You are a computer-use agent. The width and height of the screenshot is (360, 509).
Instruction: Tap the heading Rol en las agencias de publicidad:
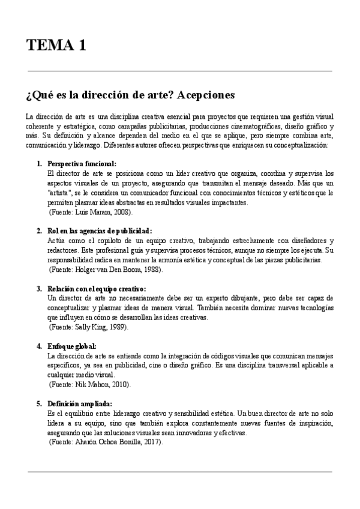[91, 230]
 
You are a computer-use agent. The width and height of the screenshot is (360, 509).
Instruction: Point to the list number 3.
[39, 288]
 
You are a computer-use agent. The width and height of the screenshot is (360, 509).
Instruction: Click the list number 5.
[39, 404]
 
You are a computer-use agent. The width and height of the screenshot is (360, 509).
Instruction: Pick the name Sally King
[88, 327]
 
